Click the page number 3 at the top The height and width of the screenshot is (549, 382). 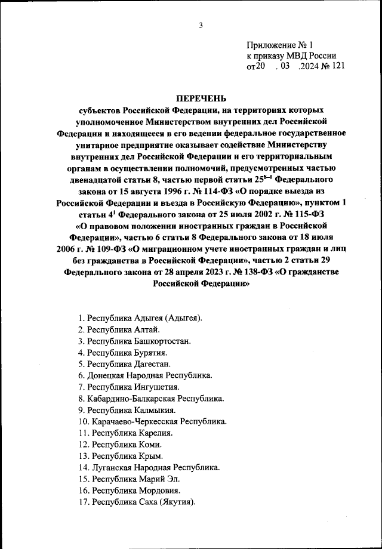201,25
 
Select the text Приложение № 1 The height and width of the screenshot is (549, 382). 279,45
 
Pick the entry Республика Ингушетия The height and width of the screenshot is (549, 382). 125,387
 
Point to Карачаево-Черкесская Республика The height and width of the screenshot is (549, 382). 153,421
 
